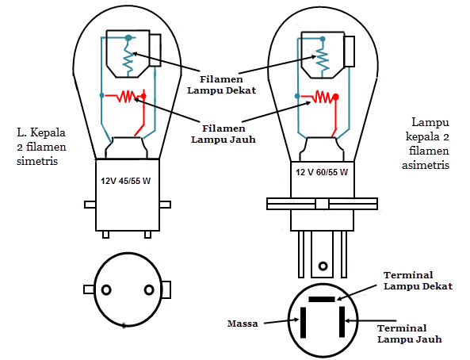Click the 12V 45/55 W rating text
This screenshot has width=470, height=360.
[x=125, y=182]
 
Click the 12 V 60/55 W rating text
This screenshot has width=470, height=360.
[x=322, y=172]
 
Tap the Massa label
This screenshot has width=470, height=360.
[x=243, y=324]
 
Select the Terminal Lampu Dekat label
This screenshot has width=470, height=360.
[x=418, y=281]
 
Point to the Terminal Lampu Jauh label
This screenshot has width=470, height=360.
[x=410, y=334]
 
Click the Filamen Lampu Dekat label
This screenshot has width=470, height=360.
[x=221, y=85]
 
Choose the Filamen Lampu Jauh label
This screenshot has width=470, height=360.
[x=224, y=134]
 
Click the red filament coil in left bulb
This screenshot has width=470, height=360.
[x=127, y=96]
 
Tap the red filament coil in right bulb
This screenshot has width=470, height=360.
[x=323, y=97]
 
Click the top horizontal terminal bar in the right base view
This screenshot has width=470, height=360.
[x=322, y=299]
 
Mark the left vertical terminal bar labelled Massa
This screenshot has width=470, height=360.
[x=304, y=323]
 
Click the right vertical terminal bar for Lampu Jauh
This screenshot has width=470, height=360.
[x=342, y=322]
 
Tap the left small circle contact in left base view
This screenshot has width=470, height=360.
[x=106, y=290]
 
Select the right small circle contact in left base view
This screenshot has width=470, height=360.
[x=149, y=290]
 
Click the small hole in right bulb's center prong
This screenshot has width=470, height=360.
[x=323, y=266]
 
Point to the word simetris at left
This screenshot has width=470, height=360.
[x=37, y=161]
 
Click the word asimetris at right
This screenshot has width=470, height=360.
[x=426, y=165]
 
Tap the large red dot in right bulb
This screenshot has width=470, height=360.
[x=336, y=97]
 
